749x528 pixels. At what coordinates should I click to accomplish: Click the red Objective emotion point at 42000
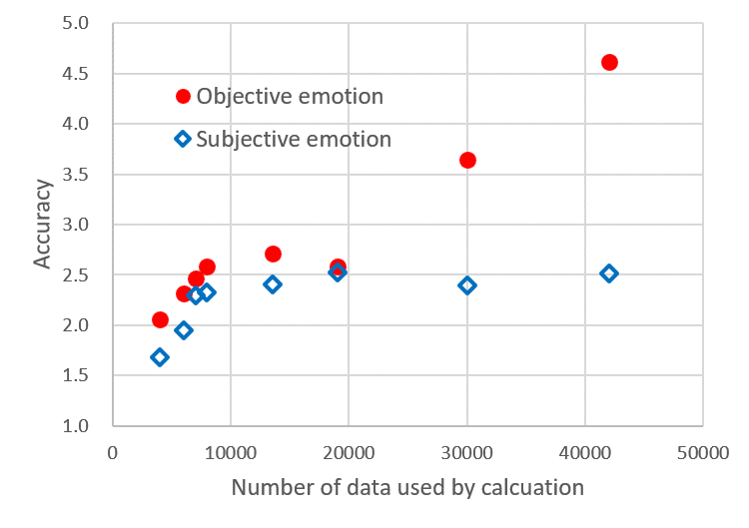pyautogui.click(x=609, y=62)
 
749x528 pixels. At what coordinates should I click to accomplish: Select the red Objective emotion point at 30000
pyautogui.click(x=467, y=160)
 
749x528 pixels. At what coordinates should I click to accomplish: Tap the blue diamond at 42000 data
pyautogui.click(x=609, y=273)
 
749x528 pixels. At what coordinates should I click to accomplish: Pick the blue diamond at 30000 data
pyautogui.click(x=467, y=285)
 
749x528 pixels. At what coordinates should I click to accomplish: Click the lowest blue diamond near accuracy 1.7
pyautogui.click(x=160, y=357)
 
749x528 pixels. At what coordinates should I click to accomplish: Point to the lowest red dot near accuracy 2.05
pyautogui.click(x=160, y=319)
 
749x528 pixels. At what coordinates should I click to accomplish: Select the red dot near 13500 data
pyautogui.click(x=273, y=254)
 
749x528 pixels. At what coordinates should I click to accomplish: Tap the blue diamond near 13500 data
pyautogui.click(x=273, y=284)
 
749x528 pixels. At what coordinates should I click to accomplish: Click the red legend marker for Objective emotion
pyautogui.click(x=183, y=97)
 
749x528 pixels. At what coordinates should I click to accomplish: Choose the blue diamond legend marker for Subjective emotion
pyautogui.click(x=183, y=139)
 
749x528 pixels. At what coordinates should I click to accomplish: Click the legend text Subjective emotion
pyautogui.click(x=294, y=139)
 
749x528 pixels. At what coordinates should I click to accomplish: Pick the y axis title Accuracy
pyautogui.click(x=43, y=224)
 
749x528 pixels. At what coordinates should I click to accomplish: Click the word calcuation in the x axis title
pyautogui.click(x=521, y=489)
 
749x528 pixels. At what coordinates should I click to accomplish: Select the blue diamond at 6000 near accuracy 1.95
pyautogui.click(x=184, y=330)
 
